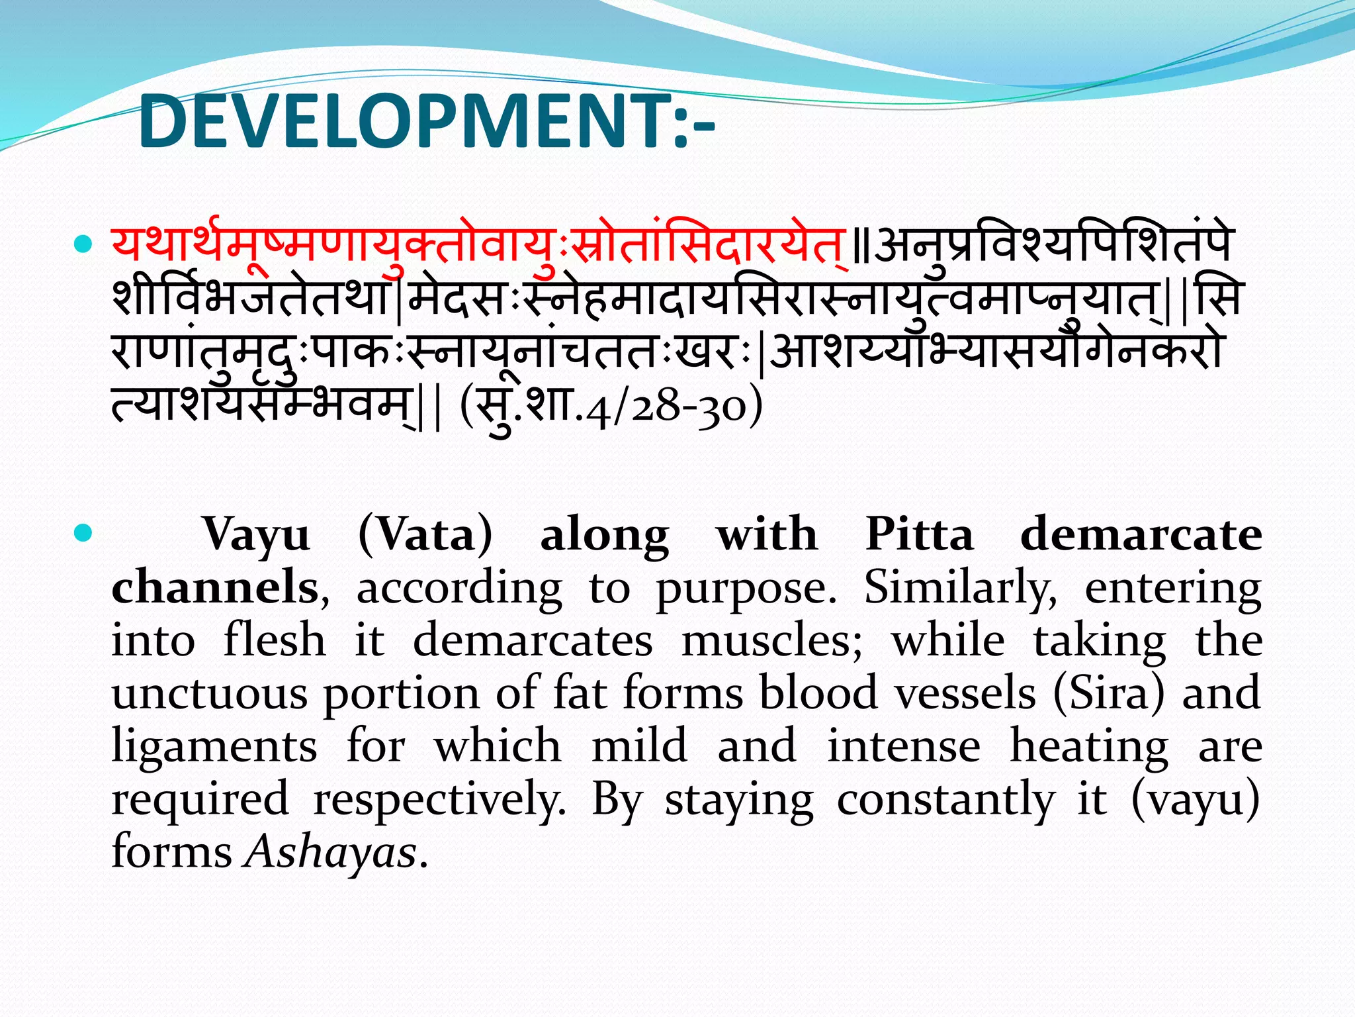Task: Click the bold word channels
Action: (x=215, y=587)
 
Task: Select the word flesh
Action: (x=275, y=640)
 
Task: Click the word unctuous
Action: (x=209, y=693)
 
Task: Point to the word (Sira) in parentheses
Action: (x=1108, y=693)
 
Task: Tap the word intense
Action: (x=904, y=746)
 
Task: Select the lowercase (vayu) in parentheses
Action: (x=1195, y=800)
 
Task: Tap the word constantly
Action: (x=945, y=800)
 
